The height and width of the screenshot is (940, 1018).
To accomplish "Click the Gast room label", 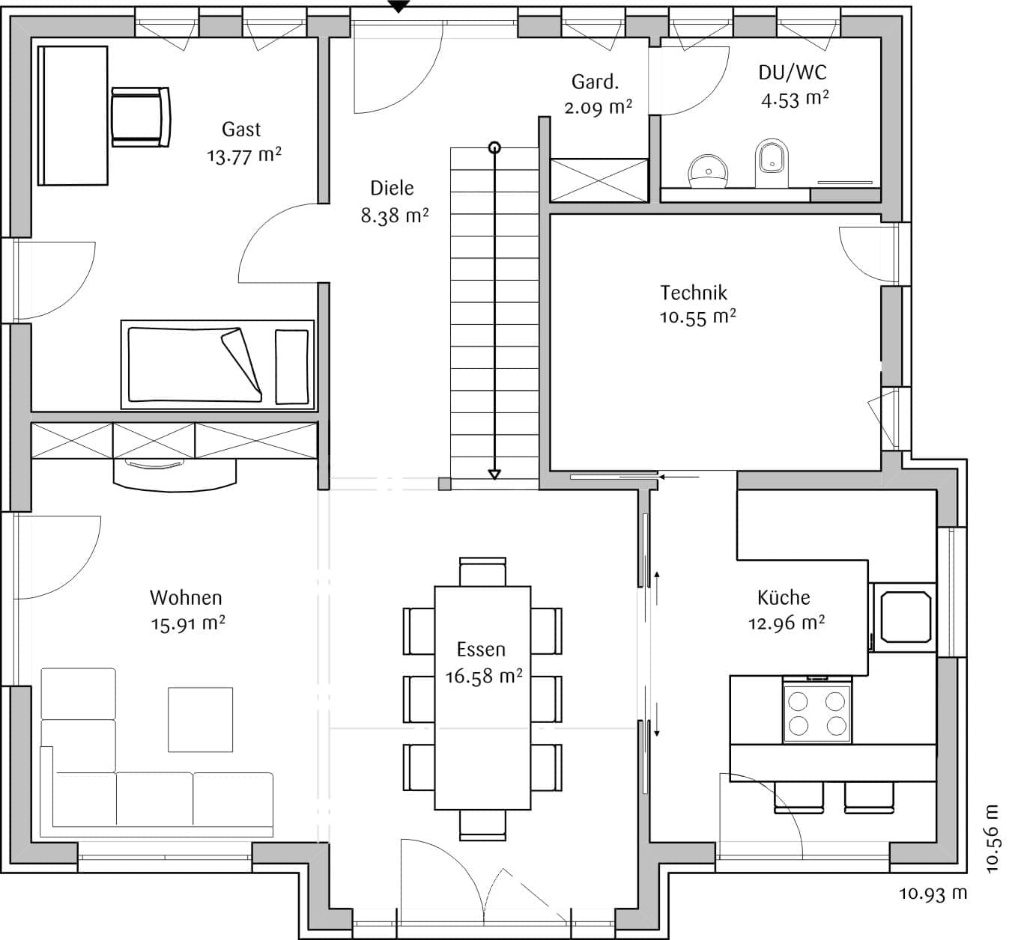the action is click(x=241, y=129).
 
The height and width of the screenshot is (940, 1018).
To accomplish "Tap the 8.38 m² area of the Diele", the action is click(x=395, y=216).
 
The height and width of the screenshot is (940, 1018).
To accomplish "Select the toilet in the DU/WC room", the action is click(x=772, y=163).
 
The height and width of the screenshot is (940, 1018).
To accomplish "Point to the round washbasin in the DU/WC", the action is click(x=708, y=171).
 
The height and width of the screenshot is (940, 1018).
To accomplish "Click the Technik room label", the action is click(x=694, y=293).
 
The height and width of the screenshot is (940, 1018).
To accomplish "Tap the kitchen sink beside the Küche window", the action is click(x=905, y=617).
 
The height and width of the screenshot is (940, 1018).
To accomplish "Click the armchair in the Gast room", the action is click(x=140, y=117).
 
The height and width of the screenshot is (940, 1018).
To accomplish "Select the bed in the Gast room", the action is click(x=217, y=364).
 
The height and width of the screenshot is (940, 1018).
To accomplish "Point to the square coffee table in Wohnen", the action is click(x=201, y=720).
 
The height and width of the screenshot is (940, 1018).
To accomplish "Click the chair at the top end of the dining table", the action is click(x=482, y=572).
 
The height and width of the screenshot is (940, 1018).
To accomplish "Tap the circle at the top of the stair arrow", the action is click(x=494, y=148).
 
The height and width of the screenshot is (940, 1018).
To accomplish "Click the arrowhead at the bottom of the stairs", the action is click(x=494, y=474).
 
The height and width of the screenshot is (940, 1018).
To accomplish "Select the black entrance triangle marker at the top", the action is click(x=399, y=6).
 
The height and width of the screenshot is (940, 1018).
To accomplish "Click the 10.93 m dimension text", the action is click(x=933, y=894).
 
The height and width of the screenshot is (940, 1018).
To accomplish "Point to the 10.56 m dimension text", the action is click(x=993, y=839).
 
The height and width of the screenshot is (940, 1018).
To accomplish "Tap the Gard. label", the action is click(x=595, y=82).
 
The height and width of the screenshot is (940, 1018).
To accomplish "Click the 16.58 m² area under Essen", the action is click(x=484, y=676).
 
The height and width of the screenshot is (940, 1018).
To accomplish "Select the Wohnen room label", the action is click(x=186, y=598).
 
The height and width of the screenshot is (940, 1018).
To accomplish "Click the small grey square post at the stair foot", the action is click(x=444, y=483).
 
